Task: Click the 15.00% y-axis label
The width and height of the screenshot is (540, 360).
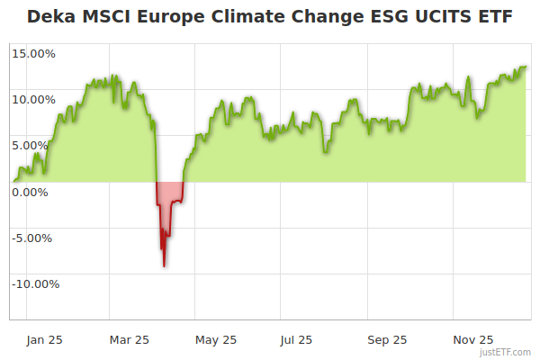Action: click(33, 53)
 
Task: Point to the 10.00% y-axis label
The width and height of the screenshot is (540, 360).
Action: click(33, 99)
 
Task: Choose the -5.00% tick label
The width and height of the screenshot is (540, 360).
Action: click(34, 238)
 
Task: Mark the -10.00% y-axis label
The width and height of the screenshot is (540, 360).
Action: click(34, 283)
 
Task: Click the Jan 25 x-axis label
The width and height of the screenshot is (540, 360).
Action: click(44, 339)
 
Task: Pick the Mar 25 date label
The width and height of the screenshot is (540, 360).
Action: click(129, 339)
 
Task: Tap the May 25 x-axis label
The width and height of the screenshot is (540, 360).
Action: click(216, 339)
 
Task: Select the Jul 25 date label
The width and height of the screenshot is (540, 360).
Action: click(296, 339)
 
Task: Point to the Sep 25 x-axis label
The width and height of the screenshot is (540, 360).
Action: click(387, 339)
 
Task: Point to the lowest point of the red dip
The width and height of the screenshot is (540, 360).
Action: click(164, 266)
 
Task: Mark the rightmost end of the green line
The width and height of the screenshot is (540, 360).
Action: click(526, 67)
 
